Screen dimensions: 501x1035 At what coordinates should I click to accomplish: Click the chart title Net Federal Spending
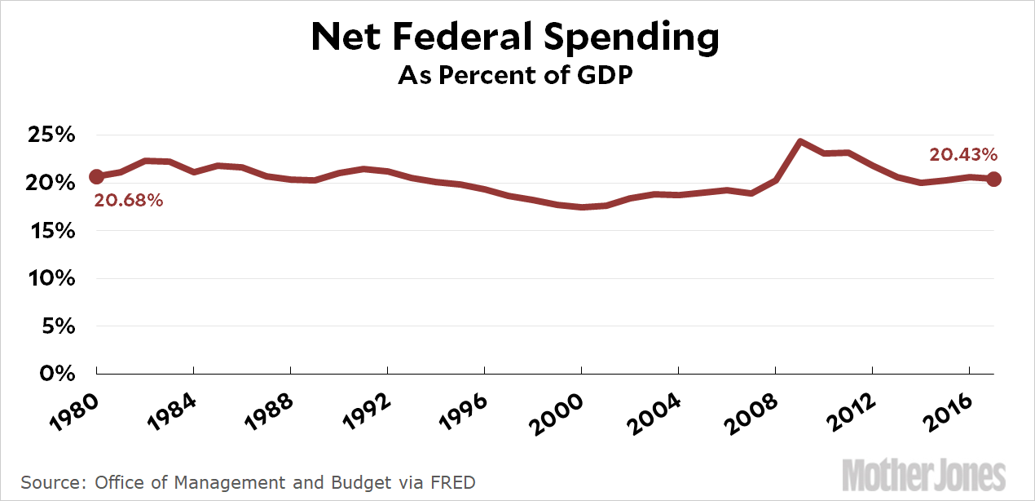point(515,38)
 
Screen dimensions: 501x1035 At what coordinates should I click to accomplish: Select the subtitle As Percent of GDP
point(516,76)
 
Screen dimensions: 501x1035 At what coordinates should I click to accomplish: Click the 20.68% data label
point(128,199)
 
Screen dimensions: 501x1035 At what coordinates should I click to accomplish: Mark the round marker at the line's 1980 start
point(96,176)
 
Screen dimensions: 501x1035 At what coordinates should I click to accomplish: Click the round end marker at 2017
point(994,179)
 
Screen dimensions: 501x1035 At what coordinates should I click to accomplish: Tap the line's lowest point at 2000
point(581,207)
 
